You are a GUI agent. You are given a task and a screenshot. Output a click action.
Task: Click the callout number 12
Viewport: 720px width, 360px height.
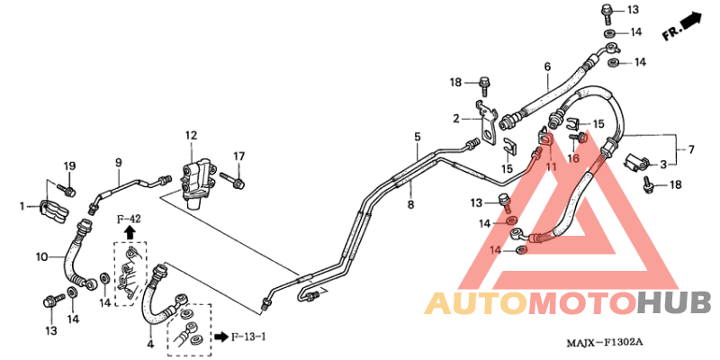pyautogui.click(x=191, y=136)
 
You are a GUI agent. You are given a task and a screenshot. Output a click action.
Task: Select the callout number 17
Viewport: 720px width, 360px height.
pyautogui.click(x=239, y=157)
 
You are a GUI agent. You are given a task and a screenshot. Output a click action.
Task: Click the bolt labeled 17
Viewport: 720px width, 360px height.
pyautogui.click(x=232, y=181)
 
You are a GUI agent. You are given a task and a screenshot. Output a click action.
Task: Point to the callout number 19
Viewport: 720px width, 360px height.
pyautogui.click(x=69, y=166)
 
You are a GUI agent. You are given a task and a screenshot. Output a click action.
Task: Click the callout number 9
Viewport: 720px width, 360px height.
pyautogui.click(x=118, y=162)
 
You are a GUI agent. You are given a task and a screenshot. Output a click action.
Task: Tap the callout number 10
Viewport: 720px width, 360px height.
pyautogui.click(x=43, y=256)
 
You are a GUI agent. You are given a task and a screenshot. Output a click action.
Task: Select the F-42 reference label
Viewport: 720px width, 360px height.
pyautogui.click(x=129, y=219)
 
